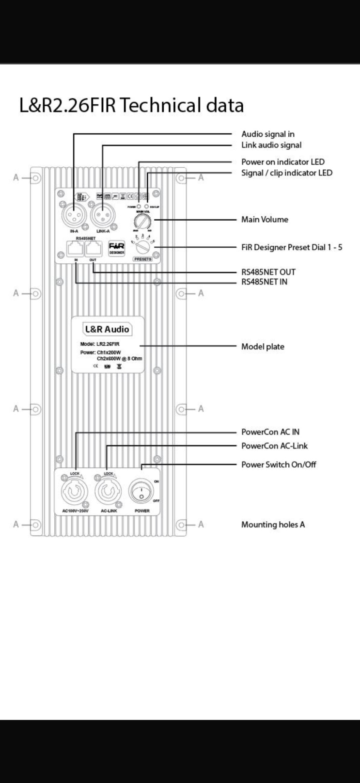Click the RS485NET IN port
click(76, 249)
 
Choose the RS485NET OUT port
click(93, 249)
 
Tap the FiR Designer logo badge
click(116, 247)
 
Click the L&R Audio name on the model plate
click(107, 329)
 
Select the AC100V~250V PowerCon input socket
click(75, 492)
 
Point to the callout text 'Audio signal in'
click(268, 134)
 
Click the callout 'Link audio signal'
click(271, 145)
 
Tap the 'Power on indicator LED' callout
click(283, 162)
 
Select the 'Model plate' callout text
click(263, 347)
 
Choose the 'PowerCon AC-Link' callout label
click(274, 446)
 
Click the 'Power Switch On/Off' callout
click(279, 464)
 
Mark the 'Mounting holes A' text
click(273, 525)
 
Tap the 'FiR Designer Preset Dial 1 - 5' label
click(292, 247)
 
